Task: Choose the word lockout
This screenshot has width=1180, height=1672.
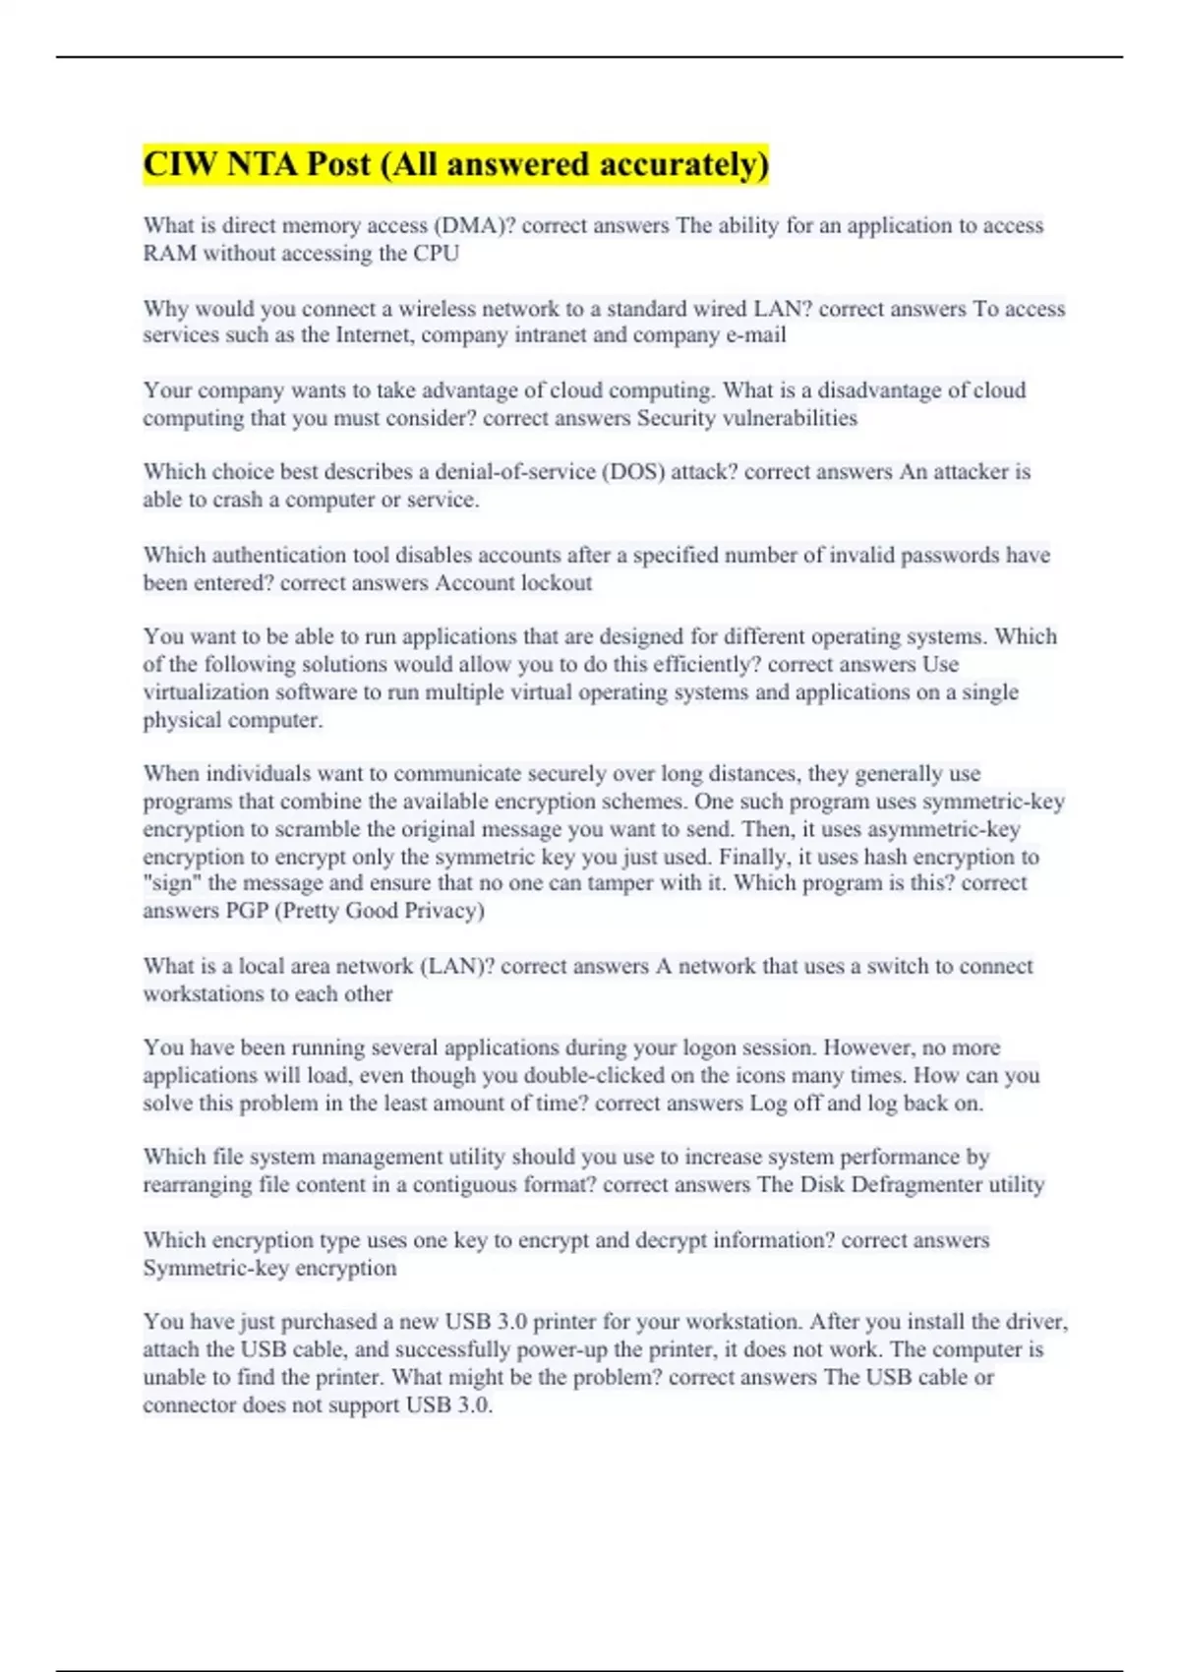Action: coord(556,583)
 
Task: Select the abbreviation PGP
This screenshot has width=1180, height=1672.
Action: coord(247,911)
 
